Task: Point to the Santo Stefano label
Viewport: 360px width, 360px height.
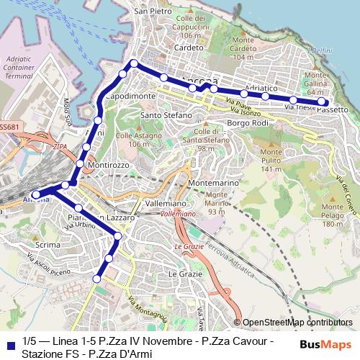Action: pos(166,115)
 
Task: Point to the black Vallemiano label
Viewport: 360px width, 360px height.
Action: pos(166,204)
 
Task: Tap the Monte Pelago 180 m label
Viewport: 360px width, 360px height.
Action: pos(333,214)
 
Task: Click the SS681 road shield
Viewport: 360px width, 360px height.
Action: pos(9,127)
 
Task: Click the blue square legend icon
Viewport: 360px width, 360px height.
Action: pos(10,345)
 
